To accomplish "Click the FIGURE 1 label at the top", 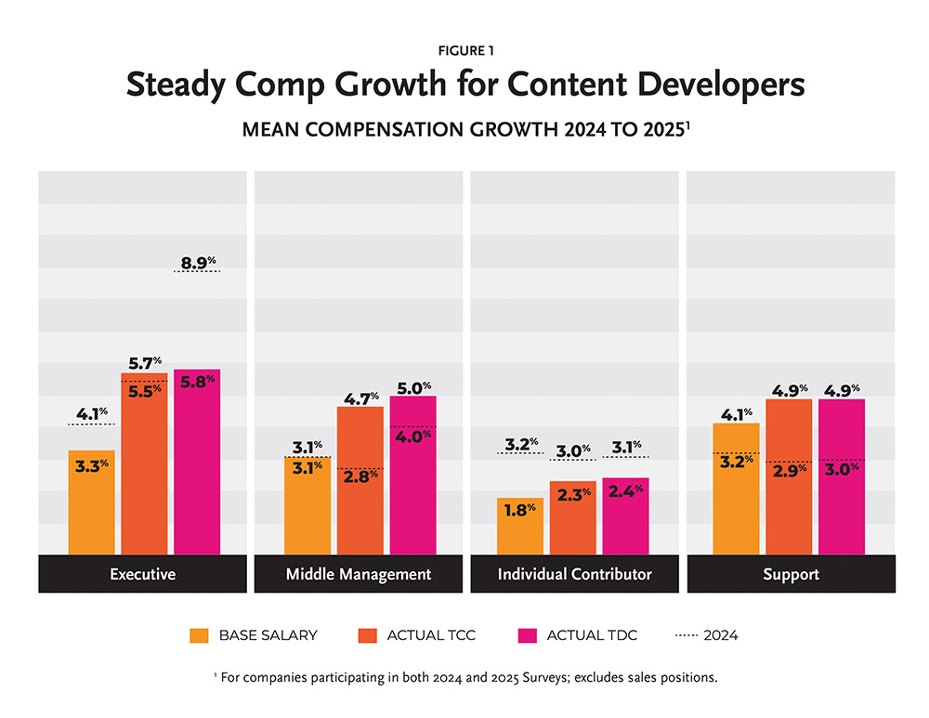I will click(464, 51).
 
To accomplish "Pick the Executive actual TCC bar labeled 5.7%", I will click(144, 464).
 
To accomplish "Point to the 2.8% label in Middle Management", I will click(360, 476).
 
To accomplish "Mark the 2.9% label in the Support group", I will click(790, 470).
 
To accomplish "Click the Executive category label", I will click(142, 574).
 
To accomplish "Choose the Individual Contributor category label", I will click(574, 574).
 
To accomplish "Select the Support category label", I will click(791, 574).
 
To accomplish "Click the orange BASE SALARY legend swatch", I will click(199, 635).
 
